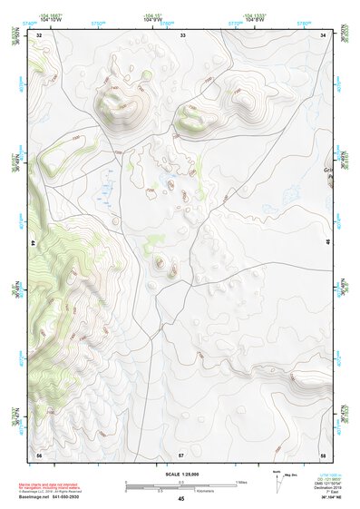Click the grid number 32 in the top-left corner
(39, 34)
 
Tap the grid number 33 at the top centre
(182, 34)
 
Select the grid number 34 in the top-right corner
(324, 34)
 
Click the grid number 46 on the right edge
(327, 243)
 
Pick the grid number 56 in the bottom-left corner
(39, 454)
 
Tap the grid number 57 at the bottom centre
(181, 454)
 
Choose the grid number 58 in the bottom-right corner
(323, 454)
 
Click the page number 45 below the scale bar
(181, 499)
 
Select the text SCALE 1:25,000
(181, 474)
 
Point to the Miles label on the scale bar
(241, 481)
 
